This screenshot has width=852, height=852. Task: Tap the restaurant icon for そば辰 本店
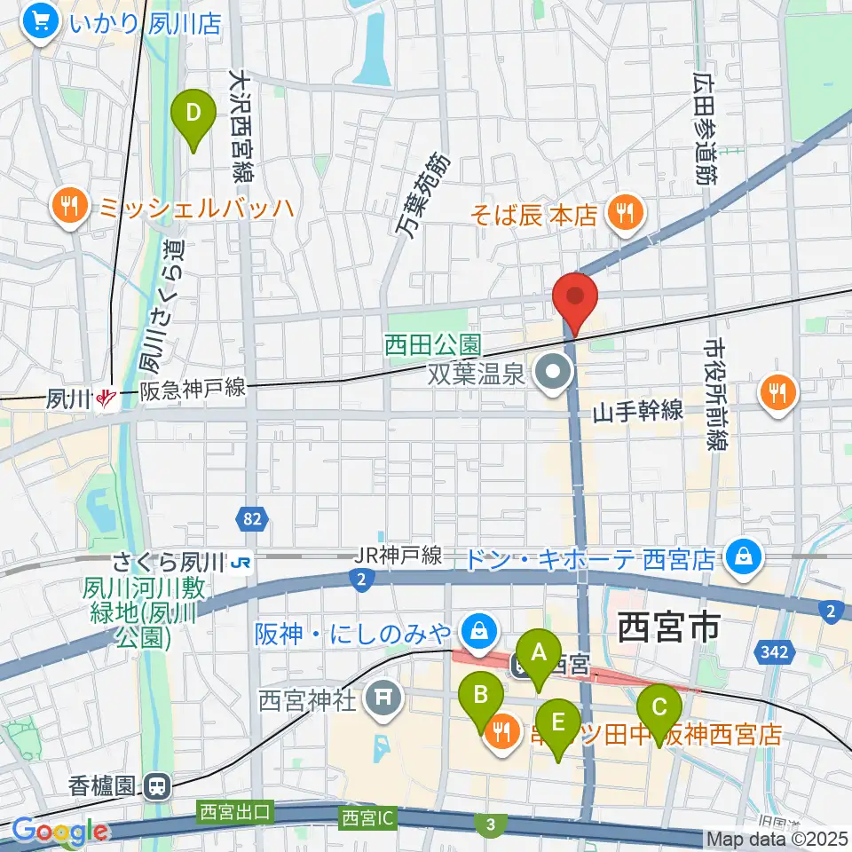(x=627, y=213)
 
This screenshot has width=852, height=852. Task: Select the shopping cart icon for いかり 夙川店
(x=41, y=21)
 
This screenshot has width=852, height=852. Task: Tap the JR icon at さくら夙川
(x=239, y=561)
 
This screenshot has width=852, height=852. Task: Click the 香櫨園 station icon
(x=158, y=785)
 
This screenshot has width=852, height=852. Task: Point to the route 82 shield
(x=252, y=517)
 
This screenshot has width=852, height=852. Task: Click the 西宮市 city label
(x=667, y=628)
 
